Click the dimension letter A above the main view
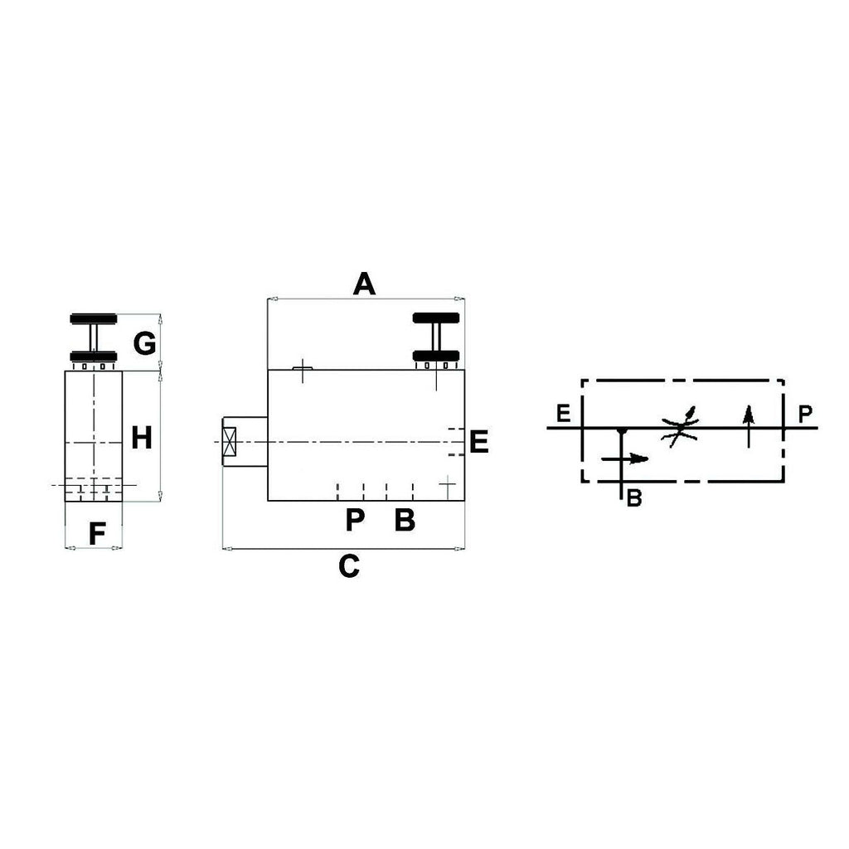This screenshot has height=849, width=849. click(x=364, y=284)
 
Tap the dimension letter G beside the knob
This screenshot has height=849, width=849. click(x=144, y=343)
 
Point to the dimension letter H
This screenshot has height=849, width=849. click(x=142, y=438)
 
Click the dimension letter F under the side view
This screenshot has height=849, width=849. click(x=97, y=534)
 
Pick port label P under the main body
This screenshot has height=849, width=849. click(x=355, y=520)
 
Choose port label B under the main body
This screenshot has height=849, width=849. click(x=405, y=520)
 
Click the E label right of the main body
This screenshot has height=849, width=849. click(x=479, y=442)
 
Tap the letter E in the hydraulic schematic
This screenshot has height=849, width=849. click(x=564, y=414)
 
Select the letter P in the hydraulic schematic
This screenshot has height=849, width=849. click(x=806, y=415)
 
